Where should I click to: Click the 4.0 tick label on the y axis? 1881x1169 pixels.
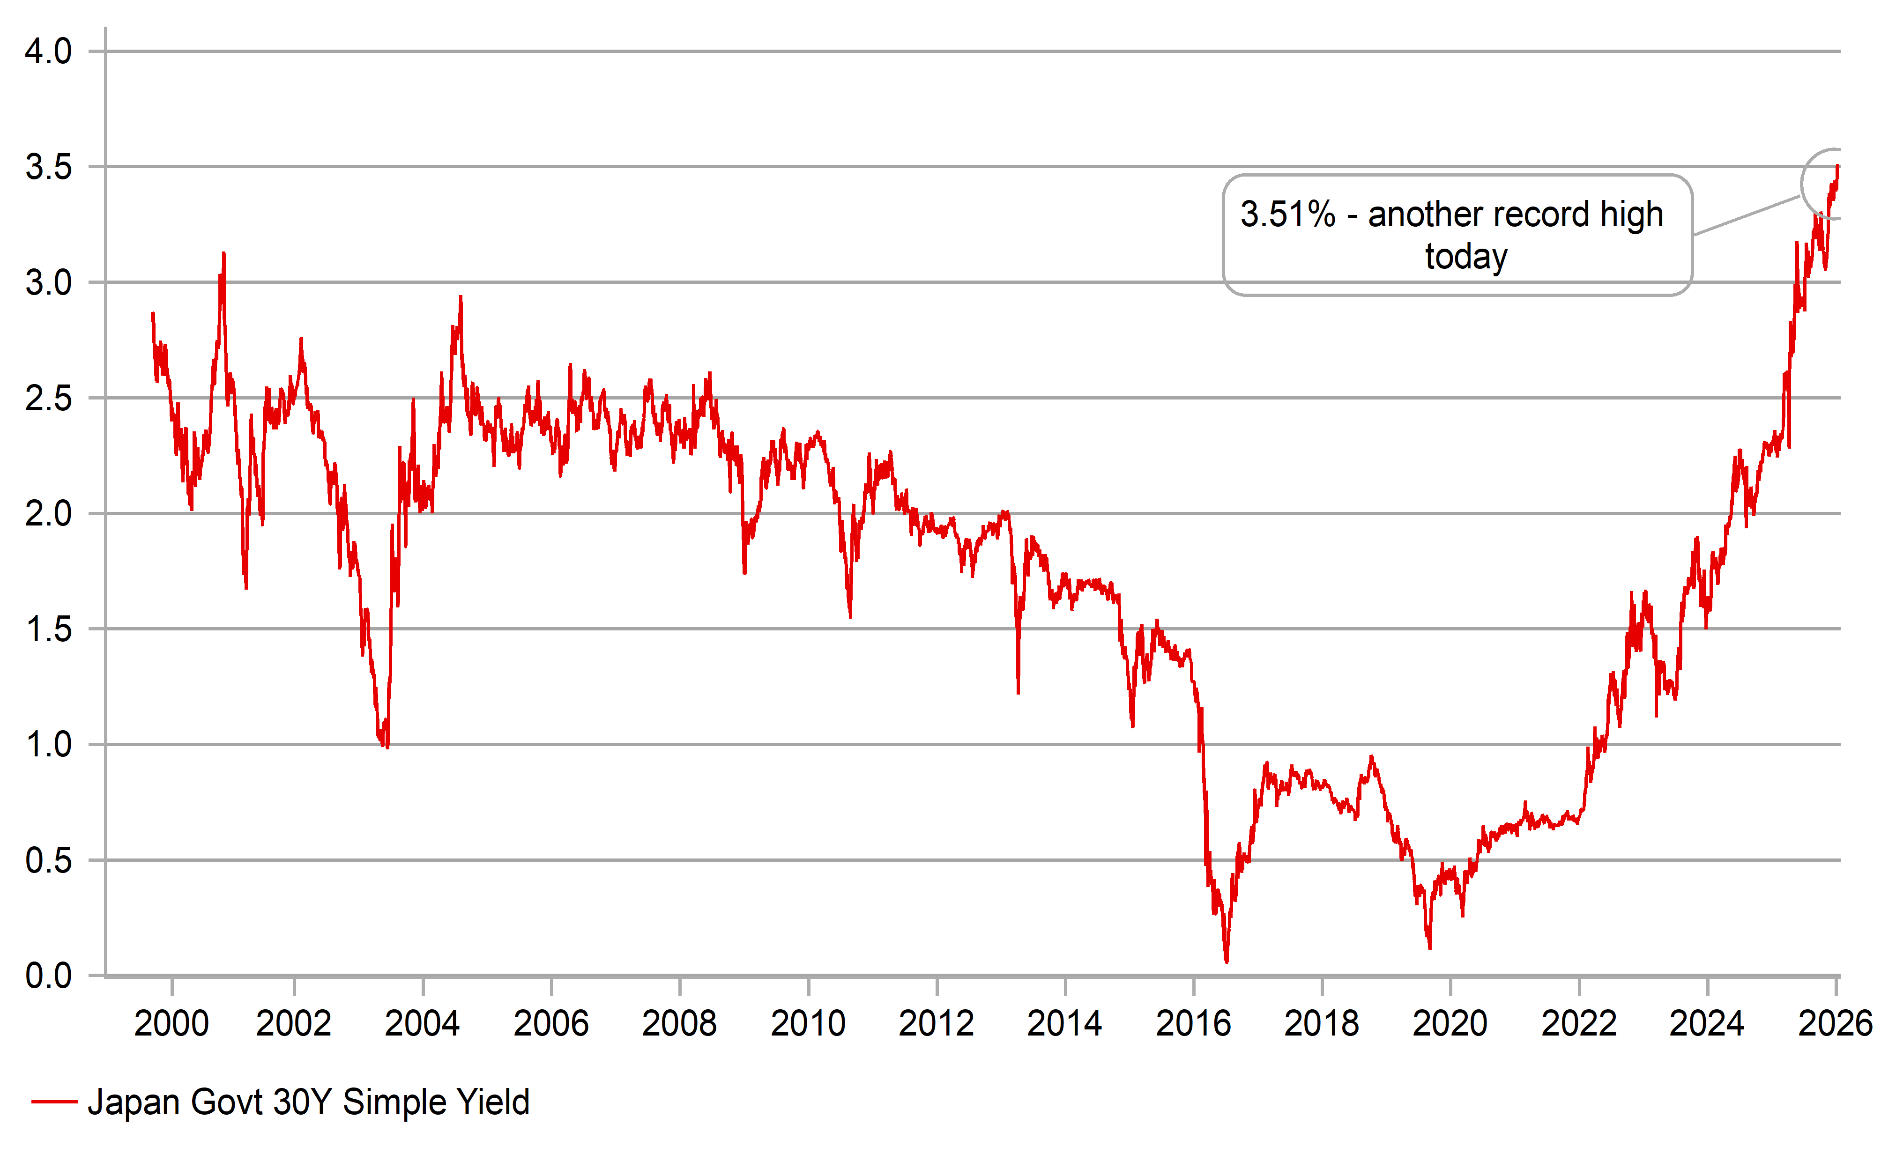[x=48, y=52]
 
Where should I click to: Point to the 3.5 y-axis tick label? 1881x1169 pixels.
[x=48, y=167]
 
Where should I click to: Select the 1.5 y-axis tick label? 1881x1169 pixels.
[x=48, y=629]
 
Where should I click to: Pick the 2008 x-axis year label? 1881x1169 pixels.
[x=679, y=1024]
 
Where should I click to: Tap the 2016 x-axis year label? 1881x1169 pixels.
[x=1193, y=1024]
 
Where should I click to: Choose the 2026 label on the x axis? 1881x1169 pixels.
[x=1835, y=1024]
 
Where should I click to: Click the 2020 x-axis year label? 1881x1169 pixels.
[x=1450, y=1024]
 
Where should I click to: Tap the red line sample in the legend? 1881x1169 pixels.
[x=54, y=1102]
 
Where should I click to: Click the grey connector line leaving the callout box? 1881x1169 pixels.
[x=1747, y=215]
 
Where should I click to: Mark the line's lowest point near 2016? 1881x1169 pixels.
[x=1227, y=961]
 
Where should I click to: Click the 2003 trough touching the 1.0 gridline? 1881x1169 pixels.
[x=387, y=746]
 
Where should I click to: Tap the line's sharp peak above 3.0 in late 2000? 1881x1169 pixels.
[x=223, y=253]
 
